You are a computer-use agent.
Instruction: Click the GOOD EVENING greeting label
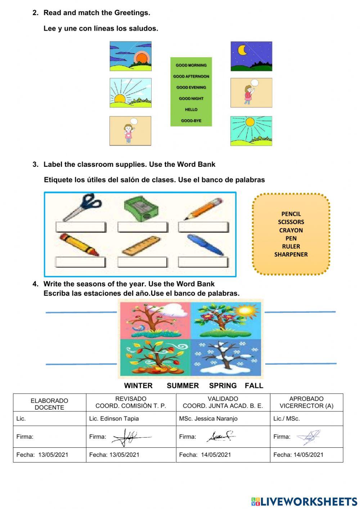pos(191,87)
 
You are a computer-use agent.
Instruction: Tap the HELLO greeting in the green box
pos(191,110)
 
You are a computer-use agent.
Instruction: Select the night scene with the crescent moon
pos(251,56)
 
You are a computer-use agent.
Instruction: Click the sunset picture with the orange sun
pos(130,56)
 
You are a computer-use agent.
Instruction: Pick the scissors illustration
pos(82,207)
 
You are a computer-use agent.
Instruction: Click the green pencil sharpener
pos(141,208)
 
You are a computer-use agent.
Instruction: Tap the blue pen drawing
pos(205,245)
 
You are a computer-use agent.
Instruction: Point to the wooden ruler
pos(141,246)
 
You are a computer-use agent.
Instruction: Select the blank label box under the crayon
pos(81,262)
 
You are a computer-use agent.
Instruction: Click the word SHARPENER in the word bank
pos(291,254)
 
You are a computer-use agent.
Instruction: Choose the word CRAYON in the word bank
pos(291,230)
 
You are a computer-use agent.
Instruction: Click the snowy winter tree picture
pos(226,358)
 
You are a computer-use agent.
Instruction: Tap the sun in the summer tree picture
pos(246,311)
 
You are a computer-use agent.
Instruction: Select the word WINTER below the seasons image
pos(138,385)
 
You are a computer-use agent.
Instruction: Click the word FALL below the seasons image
pos(254,385)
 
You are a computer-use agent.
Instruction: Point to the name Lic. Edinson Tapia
pos(114,419)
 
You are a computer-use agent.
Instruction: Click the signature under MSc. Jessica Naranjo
pos(220,437)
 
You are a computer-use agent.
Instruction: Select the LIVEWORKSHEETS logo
pos(304,501)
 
